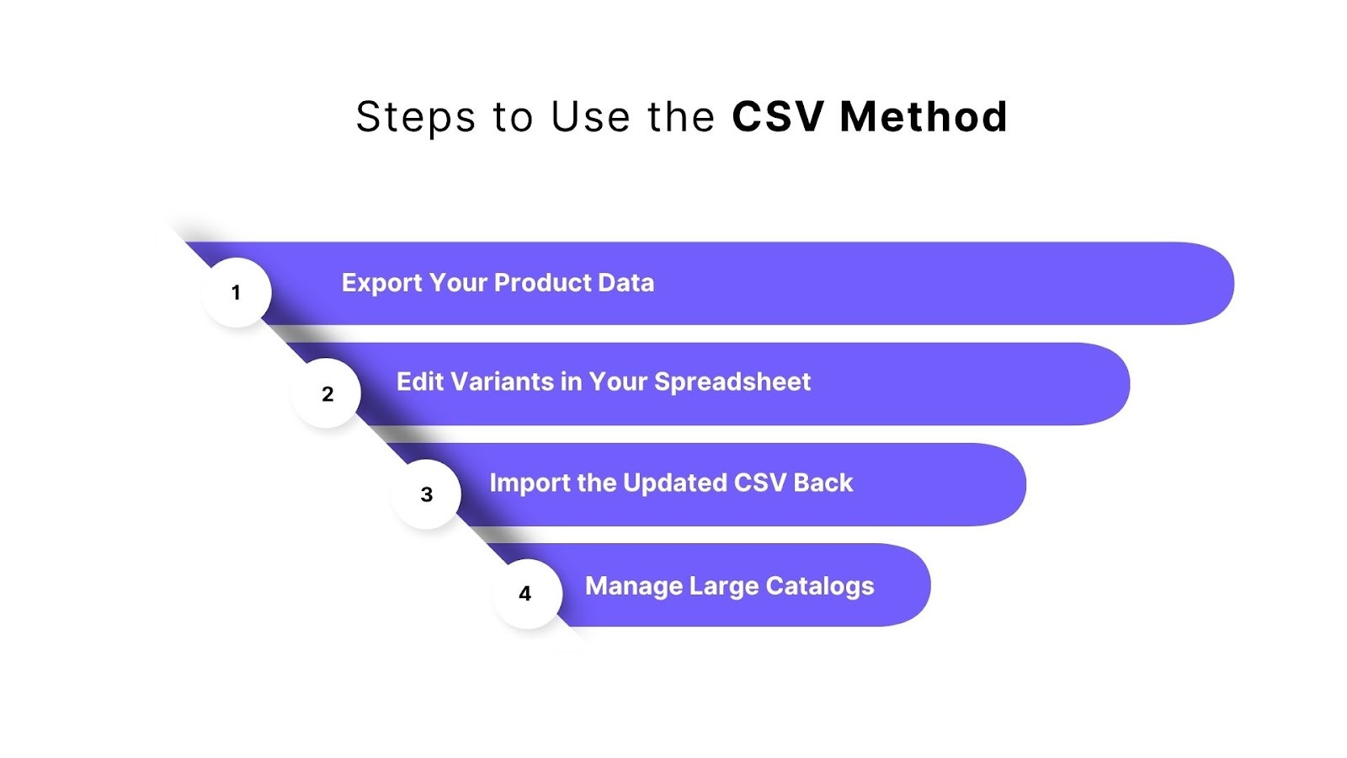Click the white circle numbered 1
(237, 292)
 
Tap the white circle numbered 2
(327, 393)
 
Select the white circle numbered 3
(427, 494)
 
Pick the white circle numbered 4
(526, 594)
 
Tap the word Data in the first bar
(626, 283)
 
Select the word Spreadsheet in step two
(732, 382)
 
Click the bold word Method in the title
(924, 116)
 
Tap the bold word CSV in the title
(777, 116)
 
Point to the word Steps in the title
(415, 116)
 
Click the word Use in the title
(590, 116)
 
